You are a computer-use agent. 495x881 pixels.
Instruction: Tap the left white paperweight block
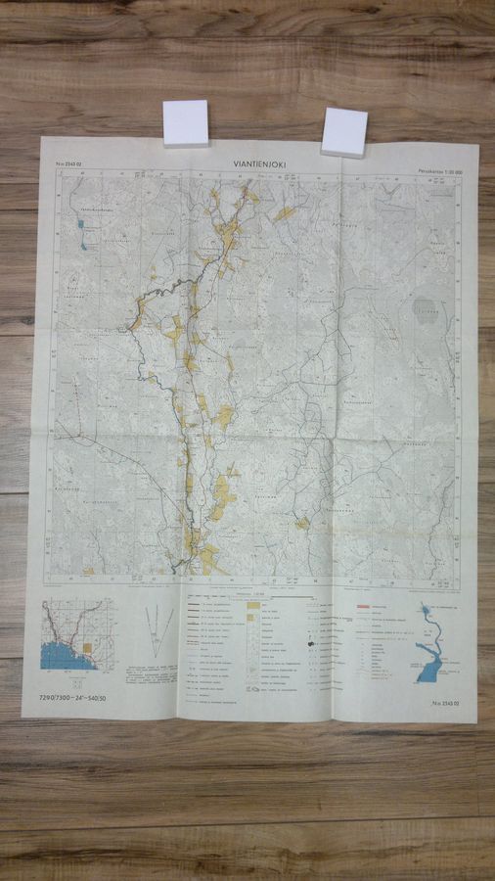pos(186,122)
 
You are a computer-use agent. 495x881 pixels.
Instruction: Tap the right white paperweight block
pos(344,131)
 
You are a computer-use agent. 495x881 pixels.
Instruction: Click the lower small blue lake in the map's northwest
pos(85,244)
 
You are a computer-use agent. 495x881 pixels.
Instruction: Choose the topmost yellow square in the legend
pos(253,607)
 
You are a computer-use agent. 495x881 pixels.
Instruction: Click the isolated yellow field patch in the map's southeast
pos(302,523)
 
